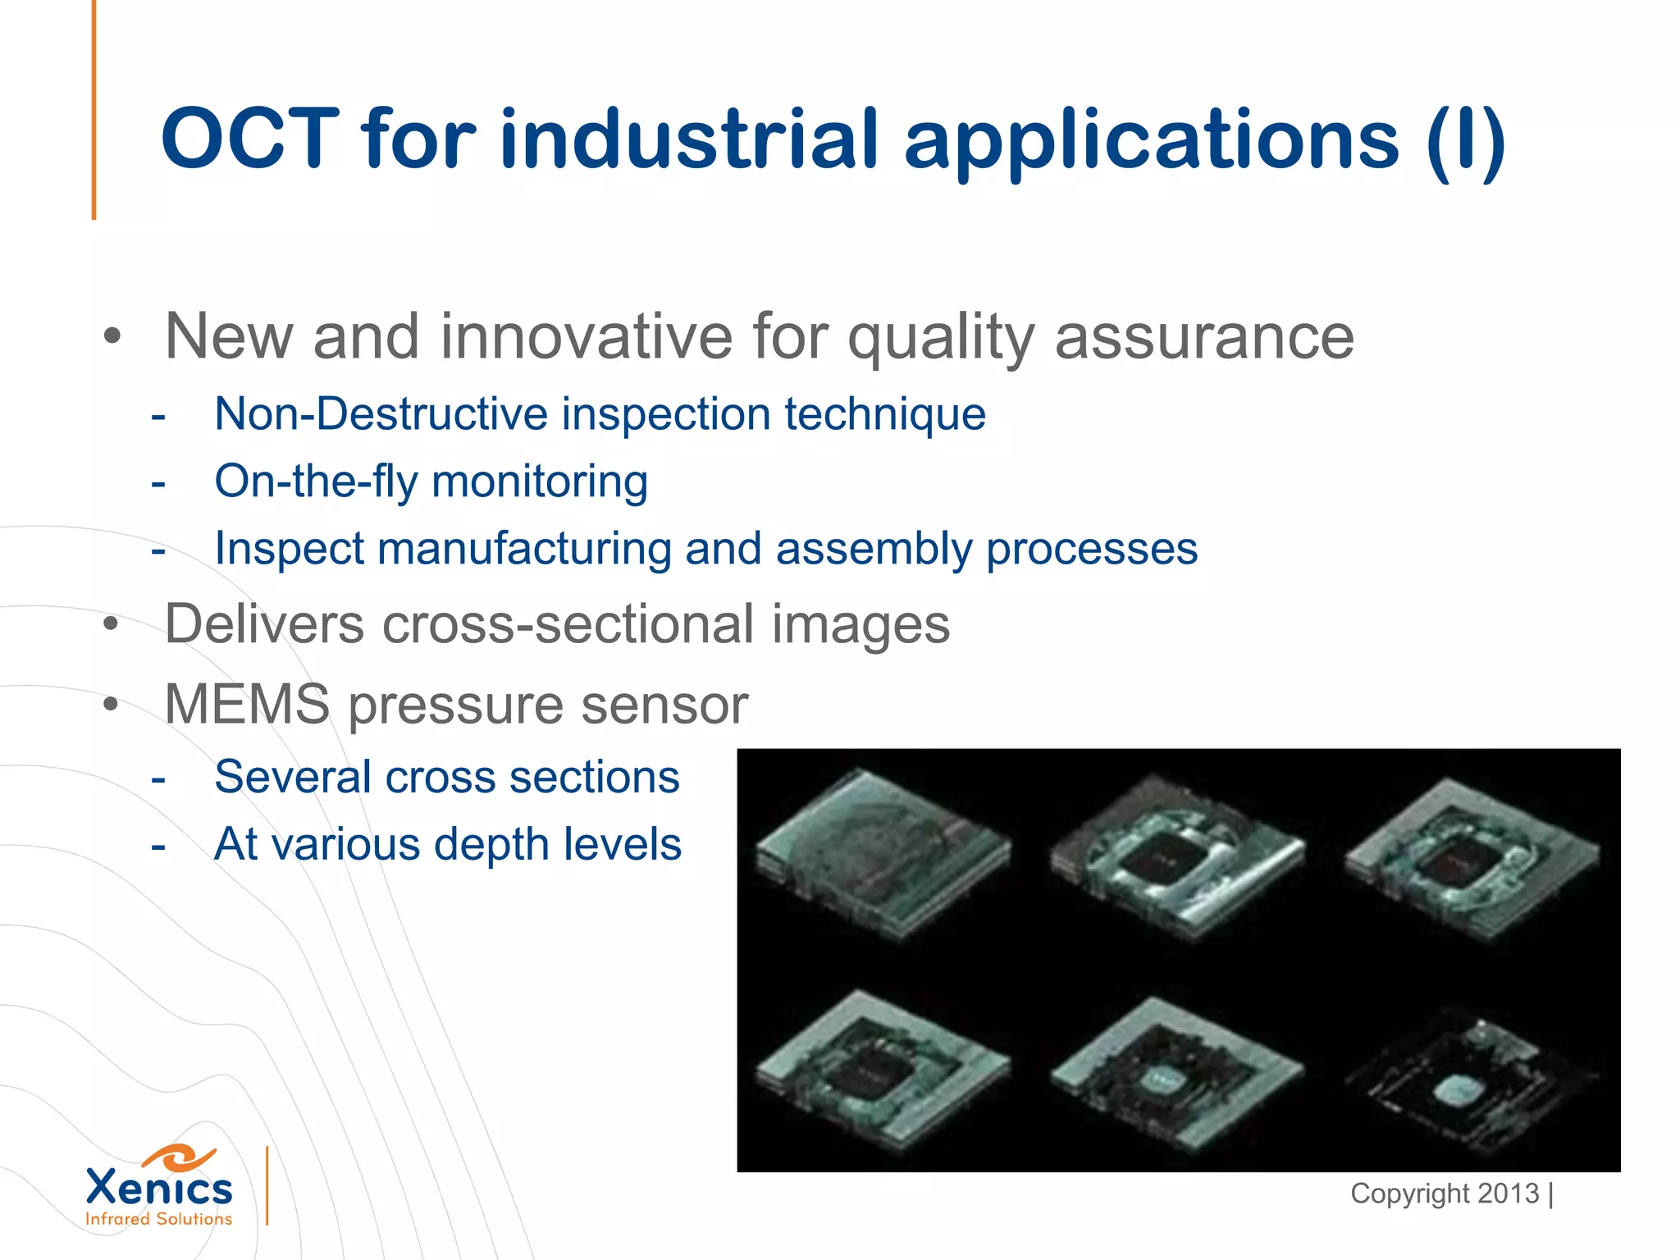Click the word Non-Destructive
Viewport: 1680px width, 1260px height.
[x=380, y=413]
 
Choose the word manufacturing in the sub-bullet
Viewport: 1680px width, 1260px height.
[x=524, y=548]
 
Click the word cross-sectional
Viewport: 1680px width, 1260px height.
[x=567, y=623]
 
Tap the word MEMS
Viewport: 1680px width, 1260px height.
[x=247, y=704]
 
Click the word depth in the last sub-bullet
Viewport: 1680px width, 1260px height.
[x=495, y=843]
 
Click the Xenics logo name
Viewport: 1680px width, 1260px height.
[x=159, y=1188]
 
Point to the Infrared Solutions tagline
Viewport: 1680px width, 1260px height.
[x=159, y=1219]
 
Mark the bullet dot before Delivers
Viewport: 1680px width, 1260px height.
[x=112, y=625]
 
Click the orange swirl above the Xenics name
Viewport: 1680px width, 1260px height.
[x=179, y=1157]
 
